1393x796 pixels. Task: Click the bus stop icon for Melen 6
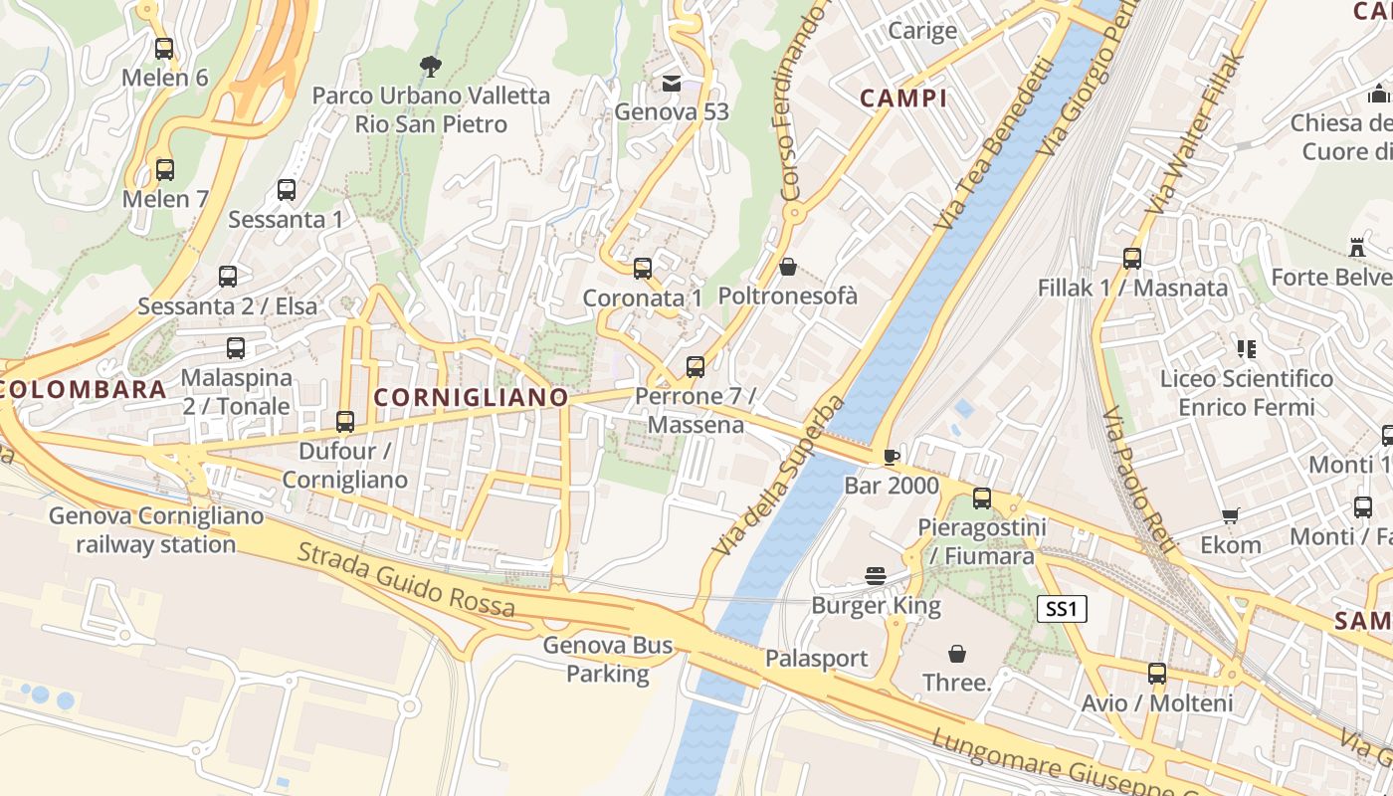(164, 48)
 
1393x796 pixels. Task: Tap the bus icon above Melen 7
(165, 169)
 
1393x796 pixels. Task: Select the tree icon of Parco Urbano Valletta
(431, 67)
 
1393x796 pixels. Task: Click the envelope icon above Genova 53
(672, 83)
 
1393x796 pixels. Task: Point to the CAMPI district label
(903, 98)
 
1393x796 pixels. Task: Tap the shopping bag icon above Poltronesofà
(788, 267)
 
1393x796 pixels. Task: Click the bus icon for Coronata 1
(643, 269)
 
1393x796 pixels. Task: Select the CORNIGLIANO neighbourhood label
(471, 398)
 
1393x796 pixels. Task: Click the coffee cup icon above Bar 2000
(892, 457)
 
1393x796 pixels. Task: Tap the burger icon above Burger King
(876, 576)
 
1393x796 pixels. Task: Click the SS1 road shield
(1062, 609)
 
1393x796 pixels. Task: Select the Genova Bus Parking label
(608, 660)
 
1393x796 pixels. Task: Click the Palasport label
(816, 659)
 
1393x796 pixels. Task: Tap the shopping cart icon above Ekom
(1231, 515)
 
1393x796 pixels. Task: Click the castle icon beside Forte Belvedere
(1355, 247)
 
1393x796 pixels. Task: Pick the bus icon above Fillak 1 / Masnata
(1132, 259)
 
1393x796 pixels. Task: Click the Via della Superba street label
(779, 475)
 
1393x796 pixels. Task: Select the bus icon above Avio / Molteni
(1157, 674)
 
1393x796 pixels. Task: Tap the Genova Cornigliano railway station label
(156, 530)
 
